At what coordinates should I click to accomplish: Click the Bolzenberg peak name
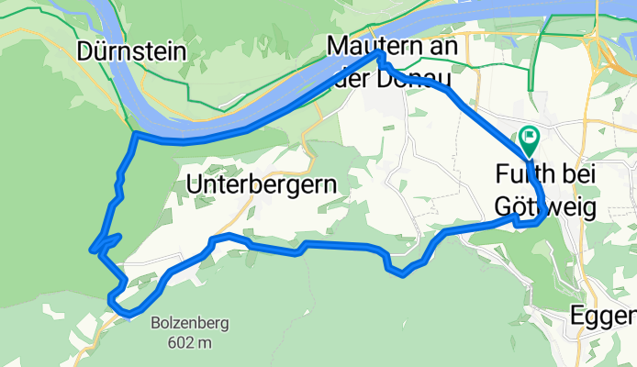pyautogui.click(x=191, y=324)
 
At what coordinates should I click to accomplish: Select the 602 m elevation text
pyautogui.click(x=191, y=342)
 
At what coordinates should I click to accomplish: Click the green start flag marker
pyautogui.click(x=530, y=139)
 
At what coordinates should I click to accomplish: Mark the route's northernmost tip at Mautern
pyautogui.click(x=378, y=56)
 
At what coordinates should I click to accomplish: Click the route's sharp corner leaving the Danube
pyautogui.click(x=135, y=135)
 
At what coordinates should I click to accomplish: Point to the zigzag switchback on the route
pyautogui.click(x=104, y=243)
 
